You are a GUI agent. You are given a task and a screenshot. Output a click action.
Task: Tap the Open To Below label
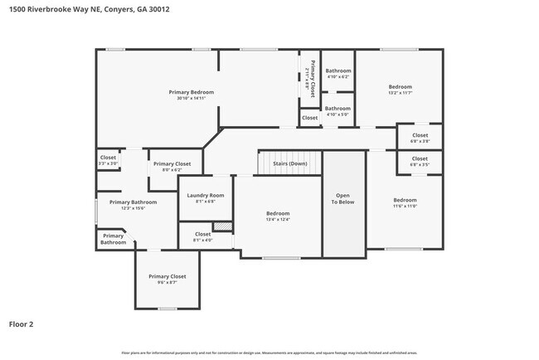click(343, 199)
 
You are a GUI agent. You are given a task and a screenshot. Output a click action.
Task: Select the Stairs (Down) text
click(288, 163)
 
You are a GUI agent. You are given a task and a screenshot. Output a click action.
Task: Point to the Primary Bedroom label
click(192, 91)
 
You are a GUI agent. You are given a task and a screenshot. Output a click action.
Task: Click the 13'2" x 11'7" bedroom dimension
click(401, 93)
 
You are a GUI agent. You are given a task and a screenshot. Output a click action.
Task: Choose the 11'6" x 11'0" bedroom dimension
click(405, 207)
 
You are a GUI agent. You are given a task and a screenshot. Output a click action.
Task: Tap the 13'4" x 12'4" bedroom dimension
click(278, 220)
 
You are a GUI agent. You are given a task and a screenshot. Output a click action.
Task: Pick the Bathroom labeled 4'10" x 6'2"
click(337, 77)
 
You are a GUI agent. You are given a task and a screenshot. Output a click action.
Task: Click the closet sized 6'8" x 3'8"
click(420, 141)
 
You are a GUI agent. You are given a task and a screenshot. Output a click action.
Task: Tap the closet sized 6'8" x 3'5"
click(420, 164)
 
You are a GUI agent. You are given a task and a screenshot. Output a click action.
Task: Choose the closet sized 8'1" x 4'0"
click(203, 241)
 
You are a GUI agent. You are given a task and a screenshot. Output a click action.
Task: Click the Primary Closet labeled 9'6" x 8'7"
click(168, 282)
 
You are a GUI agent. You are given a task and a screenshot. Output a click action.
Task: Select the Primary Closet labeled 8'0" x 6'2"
click(172, 170)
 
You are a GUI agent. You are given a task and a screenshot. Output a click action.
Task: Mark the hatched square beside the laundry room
click(221, 226)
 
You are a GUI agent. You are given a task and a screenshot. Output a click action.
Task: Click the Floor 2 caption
click(21, 324)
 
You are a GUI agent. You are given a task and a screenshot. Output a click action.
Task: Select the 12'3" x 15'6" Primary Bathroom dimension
click(133, 208)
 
